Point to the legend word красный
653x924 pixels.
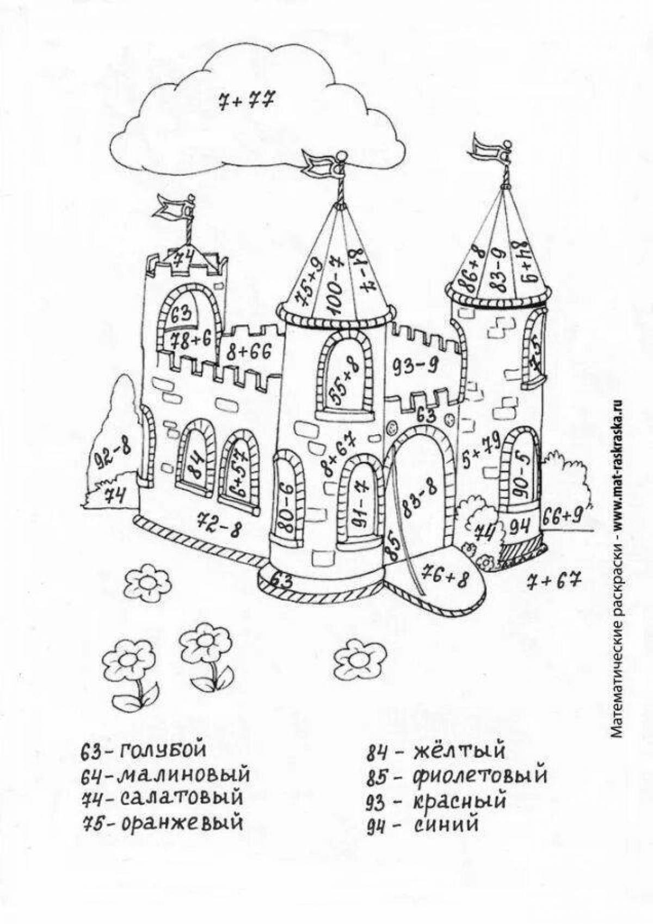point(459,800)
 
